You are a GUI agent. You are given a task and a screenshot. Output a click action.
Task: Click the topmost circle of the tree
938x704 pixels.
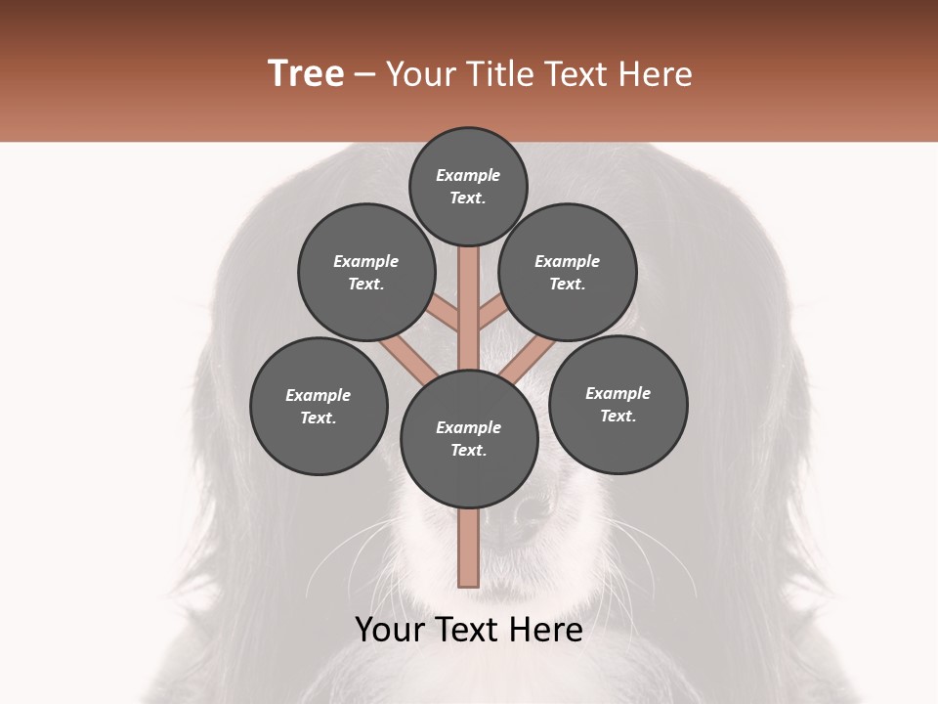point(468,186)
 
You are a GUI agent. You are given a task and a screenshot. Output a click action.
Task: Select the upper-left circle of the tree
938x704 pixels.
point(366,272)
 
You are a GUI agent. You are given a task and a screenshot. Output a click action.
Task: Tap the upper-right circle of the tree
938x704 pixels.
point(568,272)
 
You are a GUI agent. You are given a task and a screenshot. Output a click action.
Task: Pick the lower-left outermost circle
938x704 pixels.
point(319,406)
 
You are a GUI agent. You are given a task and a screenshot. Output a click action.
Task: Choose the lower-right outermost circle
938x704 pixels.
point(618,404)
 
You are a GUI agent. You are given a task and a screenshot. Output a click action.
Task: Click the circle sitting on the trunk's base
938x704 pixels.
point(469,438)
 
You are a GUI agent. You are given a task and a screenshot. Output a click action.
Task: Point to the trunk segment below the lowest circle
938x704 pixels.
point(468,548)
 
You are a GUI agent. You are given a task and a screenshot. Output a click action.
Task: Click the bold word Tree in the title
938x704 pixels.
point(306,73)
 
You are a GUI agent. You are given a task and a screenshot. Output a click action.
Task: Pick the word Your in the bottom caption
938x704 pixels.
point(392,631)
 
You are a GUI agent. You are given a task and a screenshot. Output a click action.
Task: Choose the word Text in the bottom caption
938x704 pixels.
point(468,631)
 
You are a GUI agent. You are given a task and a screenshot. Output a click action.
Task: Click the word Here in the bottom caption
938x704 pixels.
point(547,631)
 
